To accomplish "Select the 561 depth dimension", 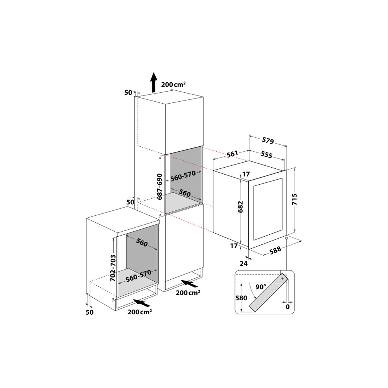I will coord(232,154).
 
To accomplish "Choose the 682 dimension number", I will coord(241,207).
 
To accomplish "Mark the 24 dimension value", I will coord(243,263).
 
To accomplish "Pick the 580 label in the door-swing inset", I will coord(241,298).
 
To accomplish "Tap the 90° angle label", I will coord(261,287).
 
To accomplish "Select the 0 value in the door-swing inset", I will coord(288,307).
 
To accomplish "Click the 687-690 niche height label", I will coord(159,186).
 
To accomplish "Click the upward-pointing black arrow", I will coord(154,82).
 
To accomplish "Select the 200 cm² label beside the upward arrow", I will coord(173,84).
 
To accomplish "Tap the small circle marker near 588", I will coord(286,238).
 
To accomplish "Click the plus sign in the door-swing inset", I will coord(282,279).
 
